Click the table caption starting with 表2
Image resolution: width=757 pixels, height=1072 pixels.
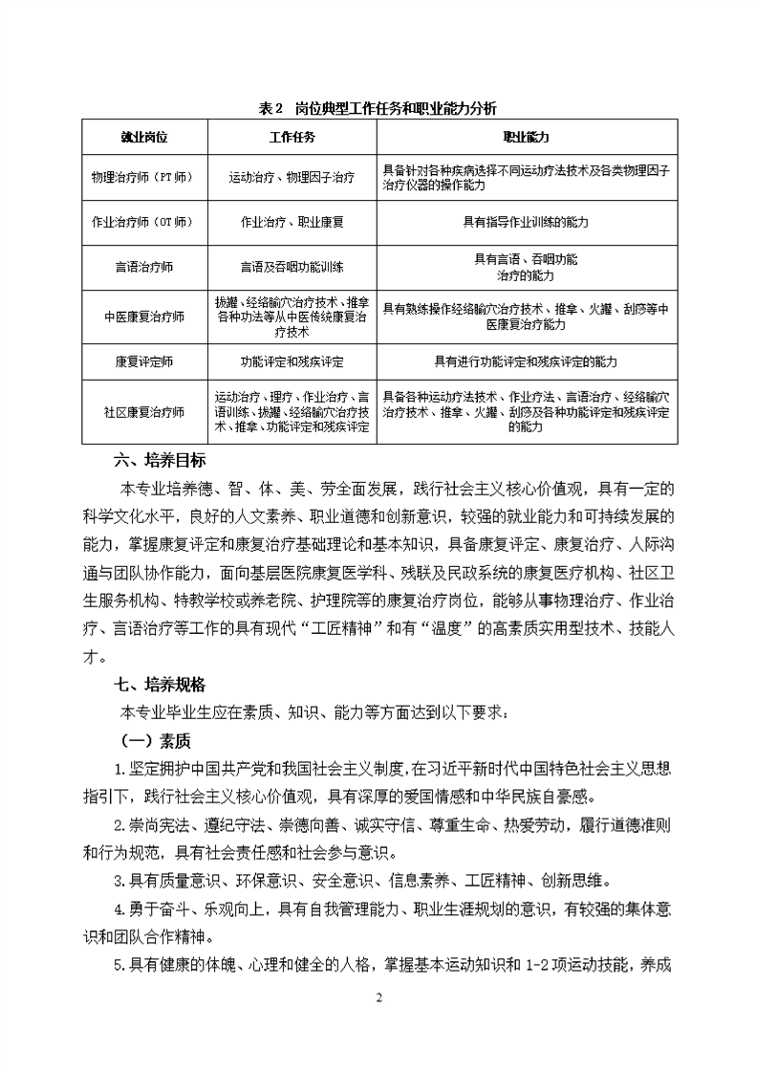[x=378, y=108]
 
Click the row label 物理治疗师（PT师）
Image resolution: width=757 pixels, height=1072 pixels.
[x=143, y=178]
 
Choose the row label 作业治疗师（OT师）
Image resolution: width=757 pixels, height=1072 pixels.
[x=143, y=222]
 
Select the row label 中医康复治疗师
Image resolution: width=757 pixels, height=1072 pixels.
[x=143, y=317]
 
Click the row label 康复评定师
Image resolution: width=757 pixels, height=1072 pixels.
[x=143, y=362]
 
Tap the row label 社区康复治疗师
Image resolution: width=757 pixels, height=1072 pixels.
[x=143, y=412]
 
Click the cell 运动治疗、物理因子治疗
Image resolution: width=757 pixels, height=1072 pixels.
[x=292, y=178]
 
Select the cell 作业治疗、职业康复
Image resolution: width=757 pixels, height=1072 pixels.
[x=292, y=222]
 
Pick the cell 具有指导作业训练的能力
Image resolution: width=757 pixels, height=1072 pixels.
[x=526, y=222]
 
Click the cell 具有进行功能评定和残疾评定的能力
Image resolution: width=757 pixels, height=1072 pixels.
[x=526, y=362]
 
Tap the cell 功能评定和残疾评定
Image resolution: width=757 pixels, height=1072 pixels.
[x=292, y=362]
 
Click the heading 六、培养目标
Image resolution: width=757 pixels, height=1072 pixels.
[x=160, y=460]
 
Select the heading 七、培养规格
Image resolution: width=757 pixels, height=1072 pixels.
[x=160, y=685]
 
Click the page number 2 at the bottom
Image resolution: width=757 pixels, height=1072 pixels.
[x=378, y=999]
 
